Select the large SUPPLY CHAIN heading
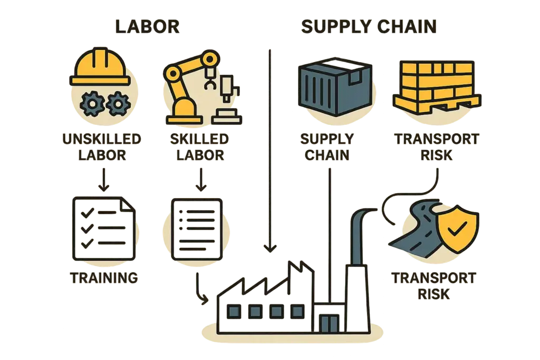369,26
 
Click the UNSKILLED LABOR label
101,147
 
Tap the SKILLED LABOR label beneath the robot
199,147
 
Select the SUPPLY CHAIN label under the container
326,147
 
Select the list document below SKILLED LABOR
196,228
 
